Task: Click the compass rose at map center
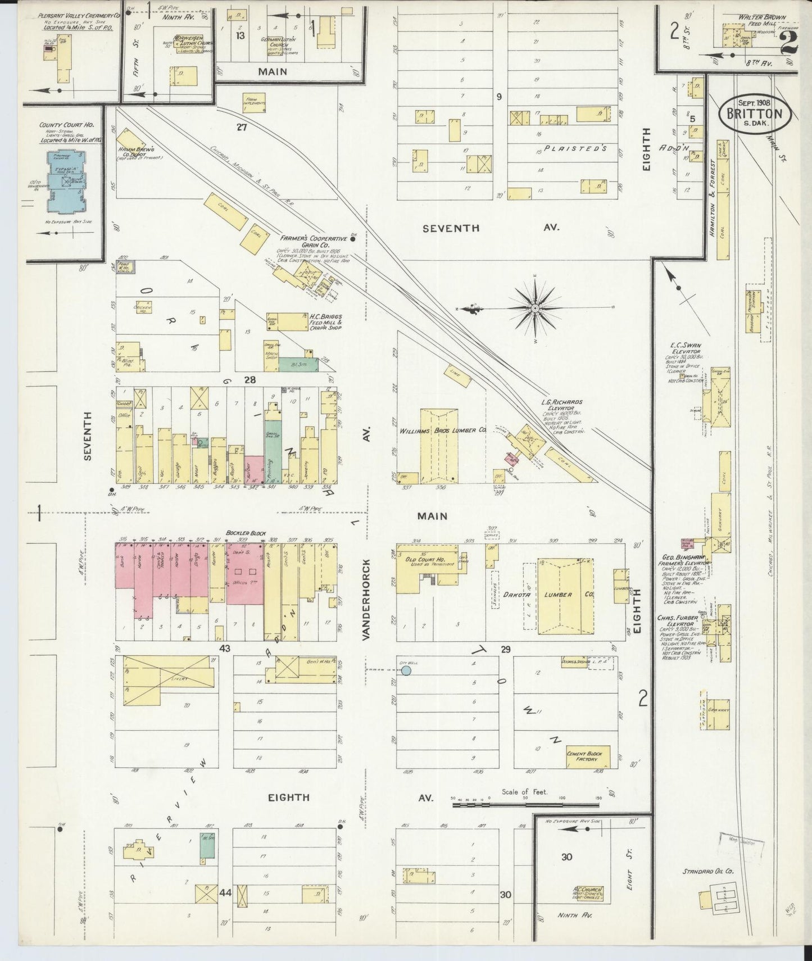pos(535,309)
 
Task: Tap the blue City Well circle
pos(406,670)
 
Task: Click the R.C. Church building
pos(587,893)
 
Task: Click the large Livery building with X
pos(169,679)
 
